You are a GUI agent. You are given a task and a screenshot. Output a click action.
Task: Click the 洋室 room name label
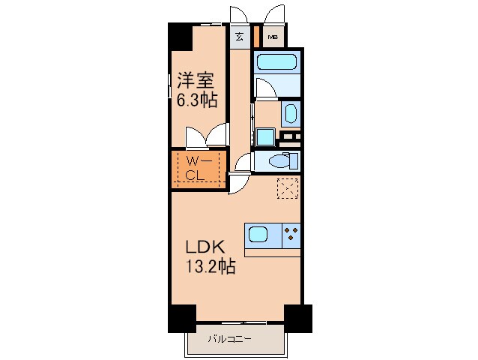tap(193, 79)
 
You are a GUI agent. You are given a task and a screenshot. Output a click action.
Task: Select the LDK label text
tap(199, 247)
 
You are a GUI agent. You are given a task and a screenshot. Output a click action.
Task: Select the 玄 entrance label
tap(240, 36)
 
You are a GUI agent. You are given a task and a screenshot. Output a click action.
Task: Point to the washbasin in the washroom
tap(290, 114)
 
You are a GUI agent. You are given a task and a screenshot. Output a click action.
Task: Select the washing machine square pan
tap(264, 137)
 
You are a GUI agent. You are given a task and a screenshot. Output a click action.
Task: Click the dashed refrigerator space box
tap(287, 189)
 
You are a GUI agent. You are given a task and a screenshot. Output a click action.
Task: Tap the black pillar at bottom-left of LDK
tap(181, 318)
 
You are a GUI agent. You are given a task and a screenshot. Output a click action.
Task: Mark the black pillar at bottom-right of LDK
tap(297, 318)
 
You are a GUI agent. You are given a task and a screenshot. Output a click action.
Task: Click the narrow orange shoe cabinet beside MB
tap(255, 36)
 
